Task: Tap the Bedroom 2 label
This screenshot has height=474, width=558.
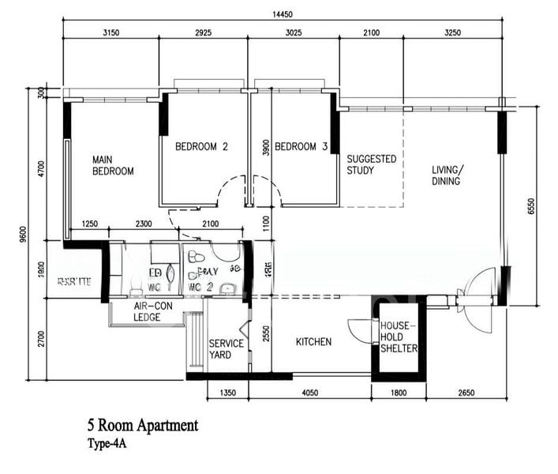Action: click(x=201, y=146)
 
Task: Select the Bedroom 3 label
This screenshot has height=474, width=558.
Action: click(x=301, y=146)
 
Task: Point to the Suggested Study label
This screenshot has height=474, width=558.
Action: click(x=371, y=164)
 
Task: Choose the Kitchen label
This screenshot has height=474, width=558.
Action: click(x=313, y=342)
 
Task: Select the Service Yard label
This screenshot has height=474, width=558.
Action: click(x=226, y=349)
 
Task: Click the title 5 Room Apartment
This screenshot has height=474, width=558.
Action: click(x=143, y=426)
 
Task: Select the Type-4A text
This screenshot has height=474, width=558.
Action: click(x=107, y=444)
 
